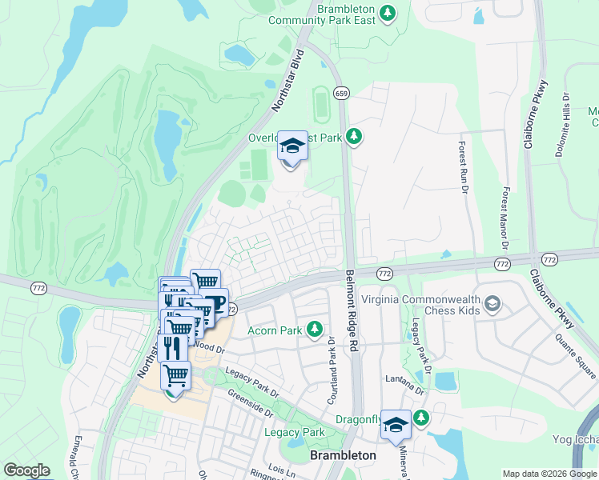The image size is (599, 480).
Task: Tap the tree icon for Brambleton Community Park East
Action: (388, 13)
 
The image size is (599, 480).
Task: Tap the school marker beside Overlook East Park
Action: (292, 148)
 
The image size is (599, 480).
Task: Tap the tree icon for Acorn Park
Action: (316, 329)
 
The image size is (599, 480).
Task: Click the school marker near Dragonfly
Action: (396, 425)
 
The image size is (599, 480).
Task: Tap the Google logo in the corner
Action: (26, 470)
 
